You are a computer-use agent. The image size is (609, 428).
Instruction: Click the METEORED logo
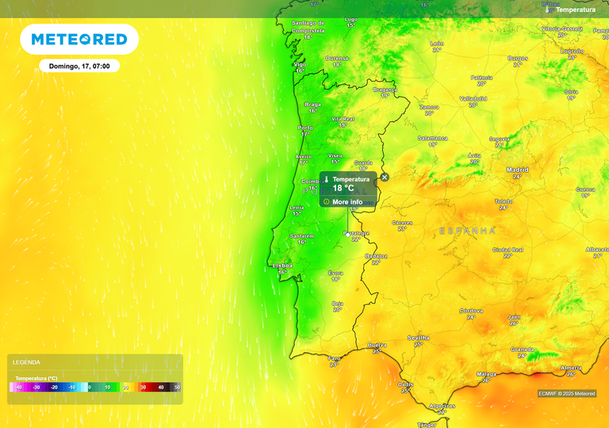tap(79, 39)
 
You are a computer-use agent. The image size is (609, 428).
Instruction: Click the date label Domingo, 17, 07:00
tap(79, 66)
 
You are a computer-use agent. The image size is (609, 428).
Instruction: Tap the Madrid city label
tap(518, 170)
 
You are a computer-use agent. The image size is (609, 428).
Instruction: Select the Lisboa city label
tap(282, 266)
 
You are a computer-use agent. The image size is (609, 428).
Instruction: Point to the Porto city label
tap(305, 128)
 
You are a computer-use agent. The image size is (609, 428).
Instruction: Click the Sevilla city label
tap(418, 338)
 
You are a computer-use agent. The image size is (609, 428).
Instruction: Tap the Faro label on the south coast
tap(335, 358)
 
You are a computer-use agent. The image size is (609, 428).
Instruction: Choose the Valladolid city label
tap(473, 98)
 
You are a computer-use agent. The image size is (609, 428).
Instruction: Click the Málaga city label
tap(486, 373)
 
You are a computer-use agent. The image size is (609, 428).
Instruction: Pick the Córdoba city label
tap(471, 311)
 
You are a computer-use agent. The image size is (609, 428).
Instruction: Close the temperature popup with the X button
tap(385, 178)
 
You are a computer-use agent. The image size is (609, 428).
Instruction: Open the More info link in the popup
tap(347, 202)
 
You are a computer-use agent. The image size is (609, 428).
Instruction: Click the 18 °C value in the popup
tap(343, 189)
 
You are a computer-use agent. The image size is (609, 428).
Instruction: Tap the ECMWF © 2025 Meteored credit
tap(567, 393)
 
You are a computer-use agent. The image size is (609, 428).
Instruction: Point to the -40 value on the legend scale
tap(17, 388)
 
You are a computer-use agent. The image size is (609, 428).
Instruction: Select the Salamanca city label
tap(433, 138)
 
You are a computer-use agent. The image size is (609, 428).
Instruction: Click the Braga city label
tap(312, 104)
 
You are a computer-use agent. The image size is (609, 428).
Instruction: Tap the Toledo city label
tap(504, 201)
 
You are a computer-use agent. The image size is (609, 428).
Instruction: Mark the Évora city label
tap(335, 273)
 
